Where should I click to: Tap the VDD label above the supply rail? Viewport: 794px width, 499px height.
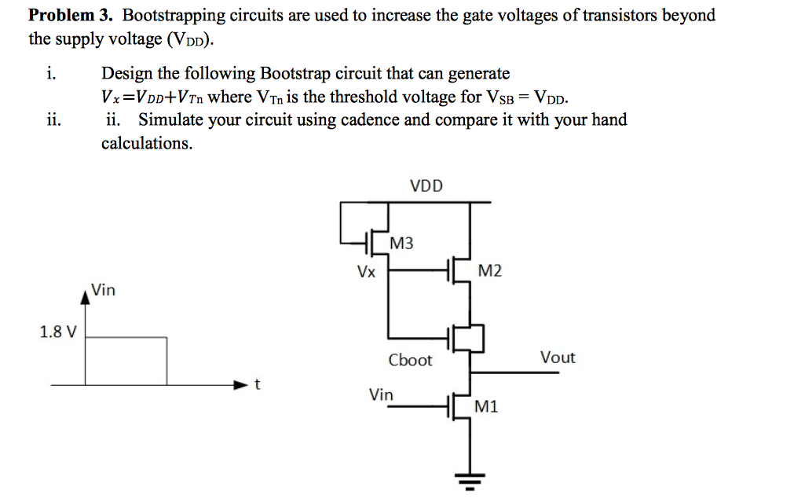click(426, 186)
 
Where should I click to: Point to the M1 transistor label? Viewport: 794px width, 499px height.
click(486, 406)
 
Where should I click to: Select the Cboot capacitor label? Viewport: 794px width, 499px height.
click(410, 360)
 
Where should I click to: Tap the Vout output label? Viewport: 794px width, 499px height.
click(558, 358)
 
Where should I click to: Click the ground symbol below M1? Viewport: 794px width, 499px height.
click(470, 480)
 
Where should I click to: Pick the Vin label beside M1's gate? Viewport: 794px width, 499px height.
click(382, 394)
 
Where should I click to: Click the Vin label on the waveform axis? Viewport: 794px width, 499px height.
click(103, 290)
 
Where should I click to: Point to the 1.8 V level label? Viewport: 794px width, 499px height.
click(58, 332)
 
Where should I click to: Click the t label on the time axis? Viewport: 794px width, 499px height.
click(257, 385)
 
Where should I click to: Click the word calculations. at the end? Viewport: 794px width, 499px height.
click(147, 144)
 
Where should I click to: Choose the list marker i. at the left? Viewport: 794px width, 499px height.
click(50, 74)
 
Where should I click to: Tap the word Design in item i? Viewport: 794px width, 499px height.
click(127, 74)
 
